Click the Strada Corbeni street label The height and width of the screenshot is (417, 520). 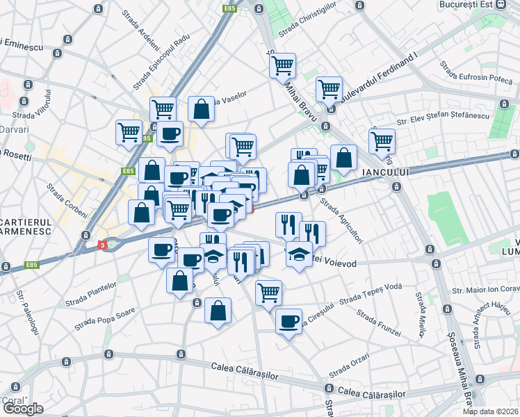67,200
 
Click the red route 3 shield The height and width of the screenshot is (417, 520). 103,245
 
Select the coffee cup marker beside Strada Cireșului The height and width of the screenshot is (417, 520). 289,321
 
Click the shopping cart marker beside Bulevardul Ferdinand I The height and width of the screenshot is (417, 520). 329,88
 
